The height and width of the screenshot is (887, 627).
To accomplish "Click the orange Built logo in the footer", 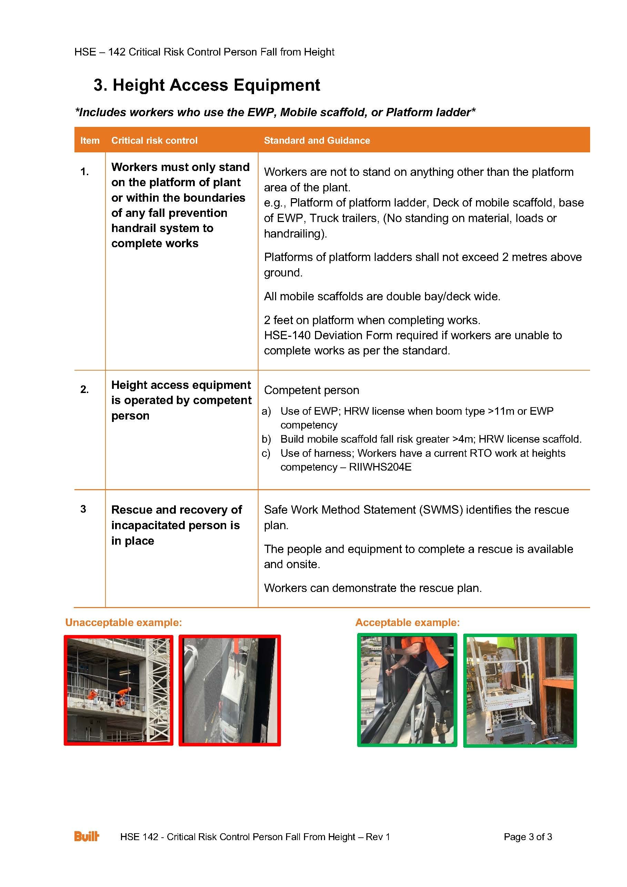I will (x=87, y=836).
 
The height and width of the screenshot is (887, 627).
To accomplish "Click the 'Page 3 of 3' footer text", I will (x=527, y=837).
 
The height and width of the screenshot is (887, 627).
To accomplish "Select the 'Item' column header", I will (x=90, y=141).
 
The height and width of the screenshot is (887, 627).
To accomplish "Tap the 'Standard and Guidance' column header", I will (x=316, y=141).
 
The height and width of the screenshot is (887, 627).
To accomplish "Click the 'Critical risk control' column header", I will (x=154, y=141).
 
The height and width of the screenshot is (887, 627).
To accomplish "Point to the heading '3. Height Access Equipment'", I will (x=207, y=85).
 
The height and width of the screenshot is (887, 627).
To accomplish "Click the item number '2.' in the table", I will (x=84, y=390).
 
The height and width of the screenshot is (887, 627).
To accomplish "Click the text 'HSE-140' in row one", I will (x=287, y=335).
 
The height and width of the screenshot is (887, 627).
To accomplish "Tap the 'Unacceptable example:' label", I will (x=123, y=622).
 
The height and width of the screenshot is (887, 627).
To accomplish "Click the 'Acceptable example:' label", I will (x=407, y=622).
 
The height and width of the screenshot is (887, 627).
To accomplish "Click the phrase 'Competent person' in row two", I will (x=311, y=390).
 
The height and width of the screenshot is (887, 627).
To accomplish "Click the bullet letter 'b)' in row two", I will (x=266, y=439).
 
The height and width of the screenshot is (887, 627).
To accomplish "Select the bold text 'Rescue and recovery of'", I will (x=176, y=510).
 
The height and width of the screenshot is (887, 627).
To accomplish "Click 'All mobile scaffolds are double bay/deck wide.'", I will (x=382, y=296).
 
